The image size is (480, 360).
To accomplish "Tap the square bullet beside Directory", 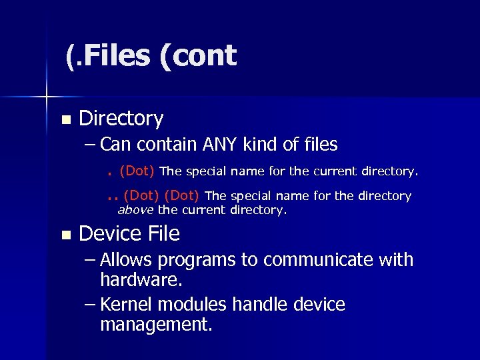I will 65,121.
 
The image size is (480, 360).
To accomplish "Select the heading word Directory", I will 121,119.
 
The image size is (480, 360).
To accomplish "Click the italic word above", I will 135,210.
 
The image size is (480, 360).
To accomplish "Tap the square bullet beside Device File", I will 65,235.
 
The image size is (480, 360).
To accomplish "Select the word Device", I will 110,233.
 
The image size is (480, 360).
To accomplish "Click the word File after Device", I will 163,233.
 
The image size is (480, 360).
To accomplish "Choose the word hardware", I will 141,279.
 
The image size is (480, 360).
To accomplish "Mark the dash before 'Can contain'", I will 90,145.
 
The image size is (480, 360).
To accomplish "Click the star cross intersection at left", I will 47,97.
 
